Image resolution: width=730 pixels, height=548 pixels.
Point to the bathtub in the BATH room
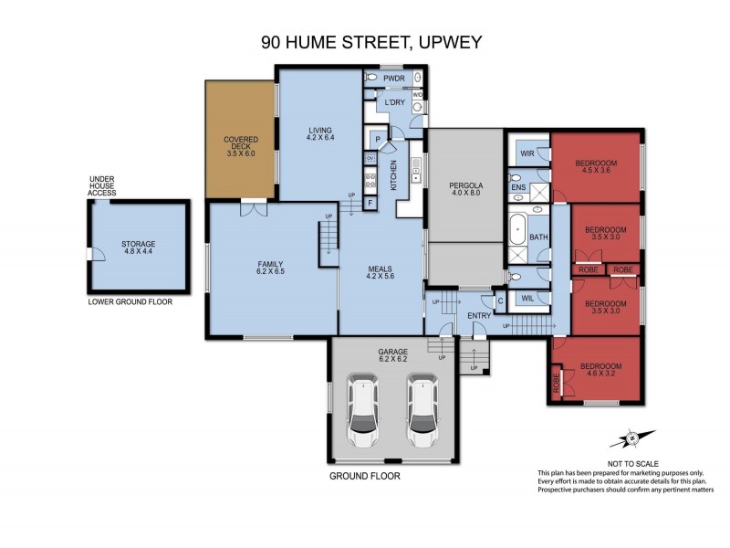coord(517,228)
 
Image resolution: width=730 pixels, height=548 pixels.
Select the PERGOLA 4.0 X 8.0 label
coord(466,188)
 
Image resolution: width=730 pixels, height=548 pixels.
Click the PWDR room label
coord(393,79)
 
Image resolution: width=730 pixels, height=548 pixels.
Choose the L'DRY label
coord(395,101)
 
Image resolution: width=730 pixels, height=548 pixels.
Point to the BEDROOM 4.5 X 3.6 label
coord(596,168)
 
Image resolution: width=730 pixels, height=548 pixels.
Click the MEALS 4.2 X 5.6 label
coord(381,273)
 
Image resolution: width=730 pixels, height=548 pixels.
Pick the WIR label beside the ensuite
coord(527,153)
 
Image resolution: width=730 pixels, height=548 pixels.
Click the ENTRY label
coord(478,316)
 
